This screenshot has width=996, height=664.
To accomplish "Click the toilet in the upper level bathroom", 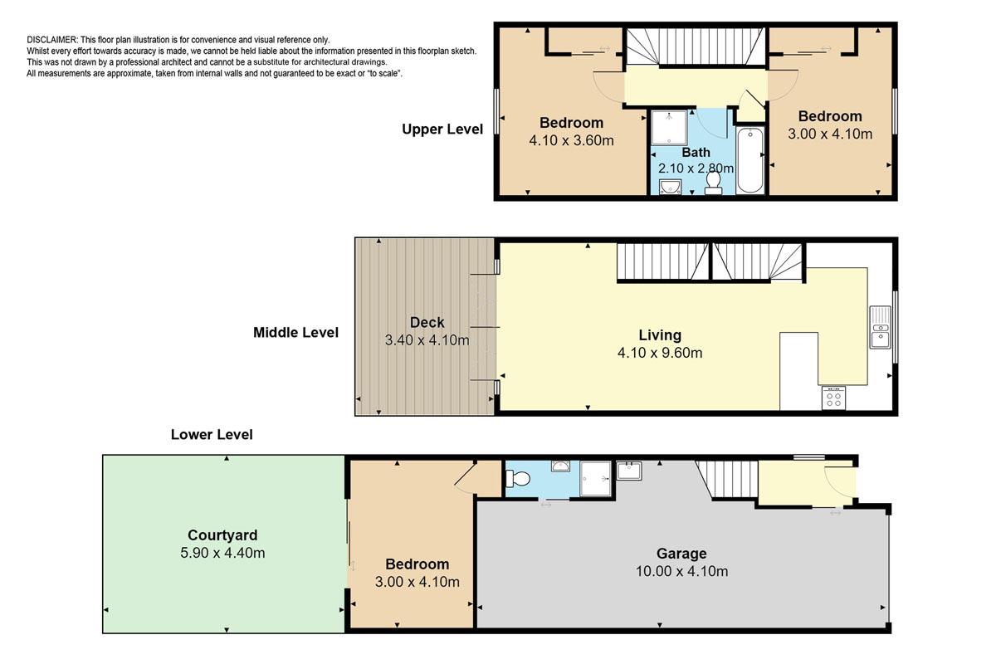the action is (713, 183).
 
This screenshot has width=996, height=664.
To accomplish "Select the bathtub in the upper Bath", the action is (750, 160).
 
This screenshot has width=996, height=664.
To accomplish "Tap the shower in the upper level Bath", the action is (669, 128).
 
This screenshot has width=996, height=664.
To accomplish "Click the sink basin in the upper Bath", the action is (670, 187).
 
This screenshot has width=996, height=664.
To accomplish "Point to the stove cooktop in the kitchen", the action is (833, 398).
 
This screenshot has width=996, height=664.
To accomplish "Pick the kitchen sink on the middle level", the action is (881, 327).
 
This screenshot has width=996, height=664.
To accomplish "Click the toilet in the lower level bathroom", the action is (518, 479).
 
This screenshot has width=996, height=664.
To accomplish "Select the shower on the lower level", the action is (596, 479).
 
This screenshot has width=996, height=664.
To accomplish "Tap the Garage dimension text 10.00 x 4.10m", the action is (681, 571).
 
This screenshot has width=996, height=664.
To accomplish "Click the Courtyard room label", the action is (222, 535).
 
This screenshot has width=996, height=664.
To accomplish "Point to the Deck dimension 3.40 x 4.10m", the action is (427, 340).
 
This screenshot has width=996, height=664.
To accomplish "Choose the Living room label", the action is (660, 335).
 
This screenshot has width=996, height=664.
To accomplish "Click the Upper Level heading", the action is (442, 129).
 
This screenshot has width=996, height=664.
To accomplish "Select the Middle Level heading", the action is (295, 332).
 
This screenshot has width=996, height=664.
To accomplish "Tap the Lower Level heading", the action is (212, 435).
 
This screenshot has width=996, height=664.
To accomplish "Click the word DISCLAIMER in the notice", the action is (52, 40).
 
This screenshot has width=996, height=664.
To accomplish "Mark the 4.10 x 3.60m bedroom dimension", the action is (571, 140).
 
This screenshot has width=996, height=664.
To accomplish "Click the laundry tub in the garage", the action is (629, 471).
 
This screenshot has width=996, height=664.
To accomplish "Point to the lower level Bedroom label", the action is (417, 564).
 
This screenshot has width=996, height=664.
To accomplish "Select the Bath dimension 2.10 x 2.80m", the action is (696, 168).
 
